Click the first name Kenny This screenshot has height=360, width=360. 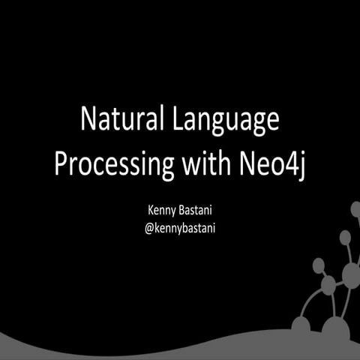(164, 209)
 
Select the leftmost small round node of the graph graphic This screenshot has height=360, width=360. (318, 265)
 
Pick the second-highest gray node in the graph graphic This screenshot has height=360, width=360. (344, 238)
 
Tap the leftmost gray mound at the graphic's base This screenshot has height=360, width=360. (301, 324)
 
